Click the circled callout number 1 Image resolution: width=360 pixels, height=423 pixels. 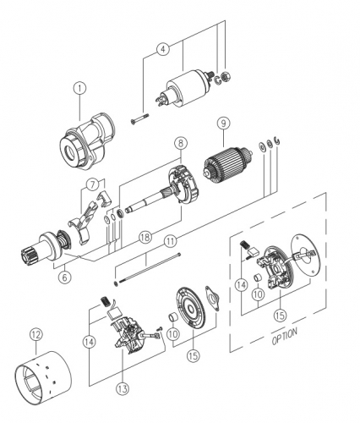(x=79, y=88)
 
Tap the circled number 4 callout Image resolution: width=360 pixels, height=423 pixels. (x=163, y=49)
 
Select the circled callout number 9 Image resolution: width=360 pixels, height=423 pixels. (x=223, y=124)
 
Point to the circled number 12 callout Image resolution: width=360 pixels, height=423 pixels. (x=36, y=335)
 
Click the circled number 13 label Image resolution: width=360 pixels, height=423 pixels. (x=123, y=389)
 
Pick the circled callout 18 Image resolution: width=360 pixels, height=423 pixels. (x=145, y=238)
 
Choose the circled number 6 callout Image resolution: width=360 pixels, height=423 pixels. (x=64, y=277)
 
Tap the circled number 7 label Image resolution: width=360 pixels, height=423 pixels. (x=93, y=184)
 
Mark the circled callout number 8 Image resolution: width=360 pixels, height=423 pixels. (x=180, y=143)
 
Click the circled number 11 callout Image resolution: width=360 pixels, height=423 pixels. (x=171, y=241)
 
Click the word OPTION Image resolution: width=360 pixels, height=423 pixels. (x=285, y=336)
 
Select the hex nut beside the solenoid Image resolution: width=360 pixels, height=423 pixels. (x=226, y=76)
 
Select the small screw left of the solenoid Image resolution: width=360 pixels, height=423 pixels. (x=140, y=118)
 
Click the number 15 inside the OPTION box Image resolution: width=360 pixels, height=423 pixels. (x=281, y=315)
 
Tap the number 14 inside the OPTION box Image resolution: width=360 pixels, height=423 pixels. (x=242, y=285)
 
